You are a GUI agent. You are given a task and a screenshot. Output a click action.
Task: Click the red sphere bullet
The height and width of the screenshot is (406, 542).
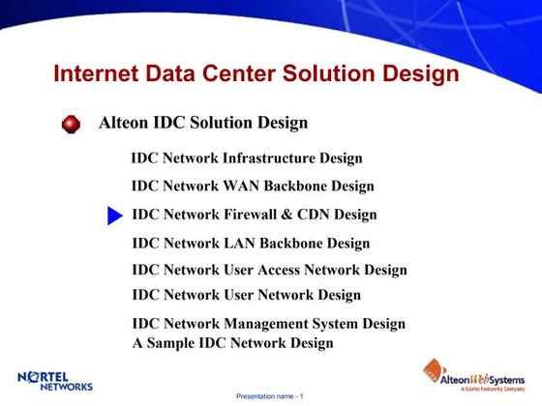pyautogui.click(x=71, y=125)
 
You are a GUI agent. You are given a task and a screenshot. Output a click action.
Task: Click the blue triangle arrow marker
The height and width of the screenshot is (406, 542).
pyautogui.click(x=114, y=216)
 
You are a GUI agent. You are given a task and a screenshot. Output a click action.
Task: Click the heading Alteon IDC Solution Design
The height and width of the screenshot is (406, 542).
pyautogui.click(x=203, y=123)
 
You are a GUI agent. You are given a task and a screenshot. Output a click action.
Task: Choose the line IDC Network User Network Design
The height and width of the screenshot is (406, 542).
pyautogui.click(x=246, y=295)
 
